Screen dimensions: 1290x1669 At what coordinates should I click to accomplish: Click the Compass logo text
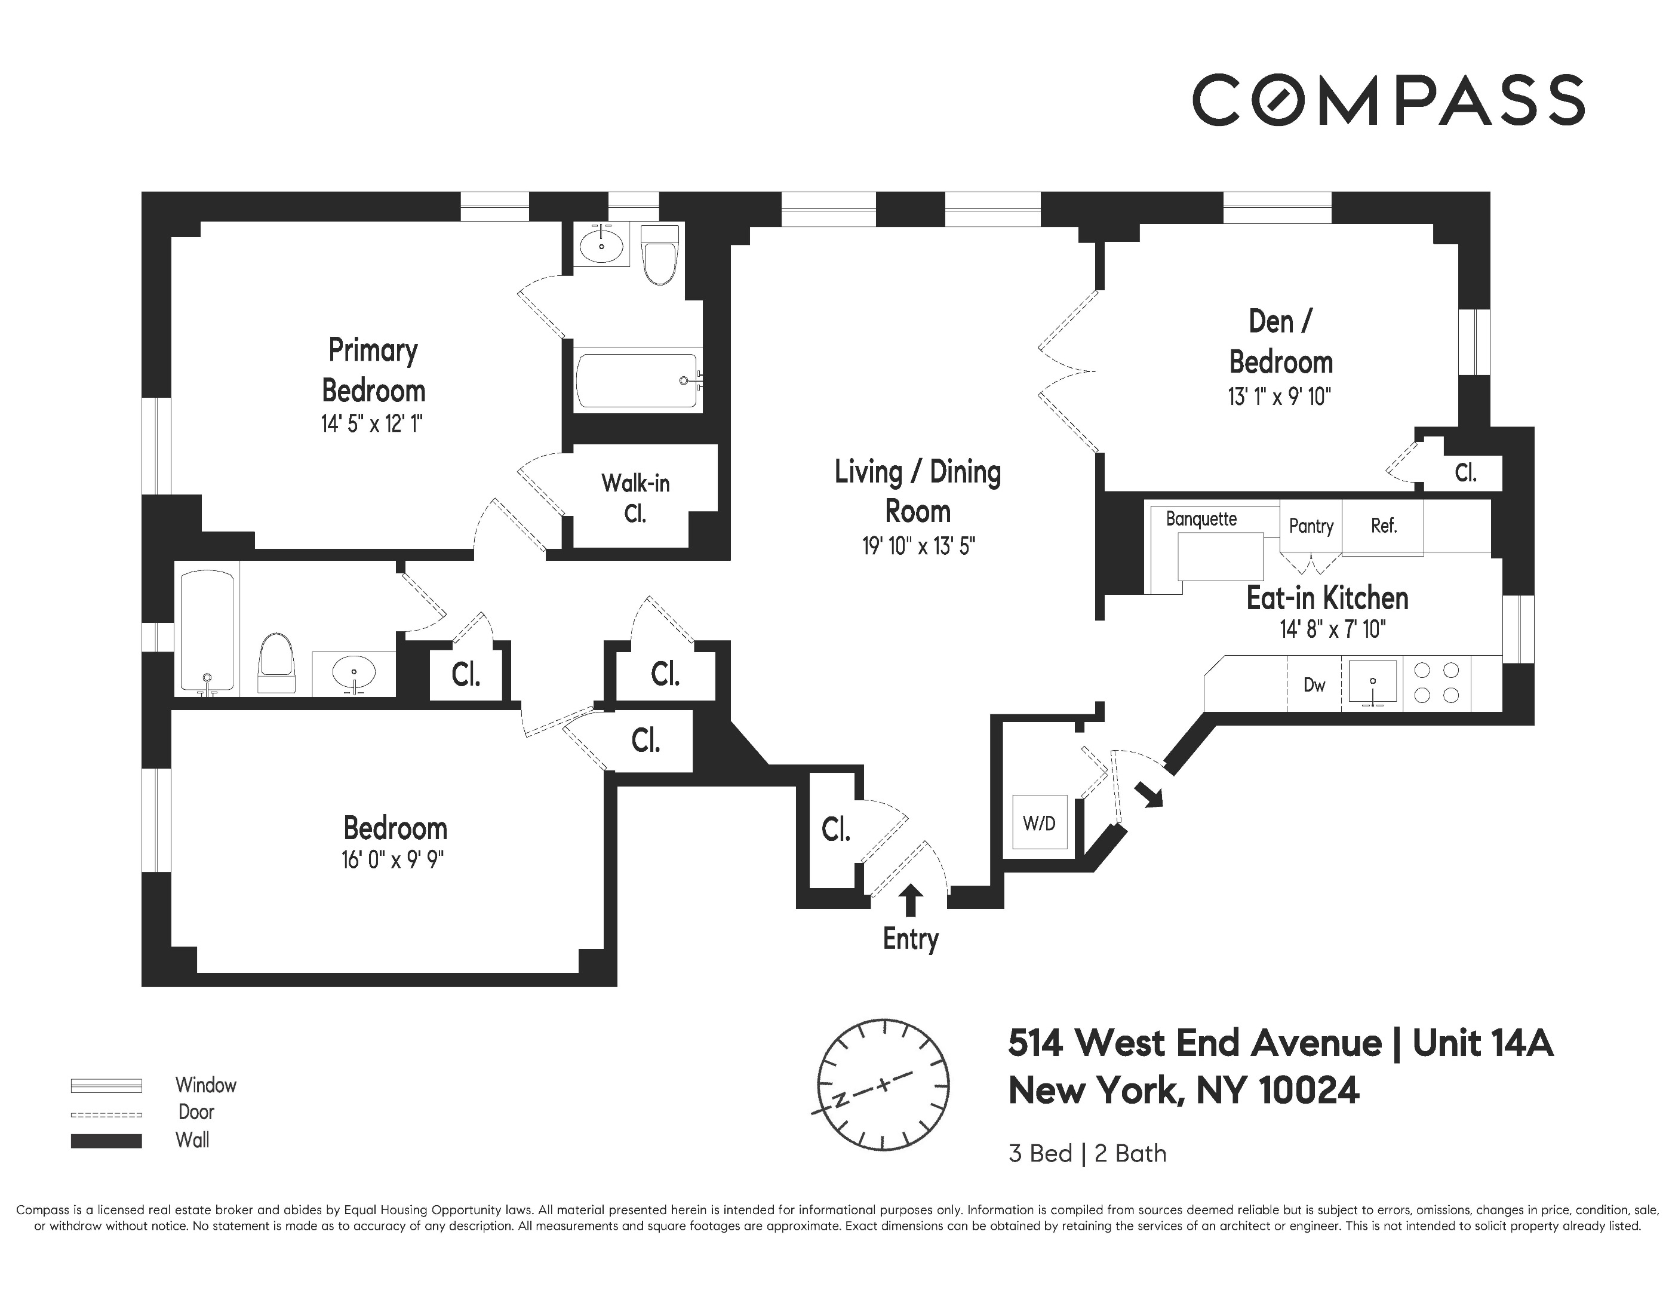(x=1388, y=100)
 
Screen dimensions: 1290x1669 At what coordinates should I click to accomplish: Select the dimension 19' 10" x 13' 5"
(x=918, y=546)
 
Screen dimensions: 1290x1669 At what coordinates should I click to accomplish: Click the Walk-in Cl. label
(x=635, y=498)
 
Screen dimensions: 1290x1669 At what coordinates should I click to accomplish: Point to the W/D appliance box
(x=1038, y=822)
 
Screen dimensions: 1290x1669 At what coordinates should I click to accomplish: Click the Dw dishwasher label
(x=1314, y=685)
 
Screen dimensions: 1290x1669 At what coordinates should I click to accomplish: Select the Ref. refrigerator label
(x=1383, y=526)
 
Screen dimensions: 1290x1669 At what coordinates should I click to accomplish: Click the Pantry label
(x=1311, y=526)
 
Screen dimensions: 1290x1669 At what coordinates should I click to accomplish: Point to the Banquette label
(x=1201, y=519)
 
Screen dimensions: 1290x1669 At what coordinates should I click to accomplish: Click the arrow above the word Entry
(x=909, y=899)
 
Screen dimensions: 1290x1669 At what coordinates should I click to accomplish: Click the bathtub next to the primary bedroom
(x=638, y=380)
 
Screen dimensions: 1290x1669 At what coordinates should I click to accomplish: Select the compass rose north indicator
(x=840, y=1101)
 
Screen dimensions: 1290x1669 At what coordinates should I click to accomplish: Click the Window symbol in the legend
(x=106, y=1085)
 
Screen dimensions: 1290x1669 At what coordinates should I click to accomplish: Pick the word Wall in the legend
(x=192, y=1140)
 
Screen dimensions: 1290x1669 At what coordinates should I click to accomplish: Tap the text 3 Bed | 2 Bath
(x=1087, y=1153)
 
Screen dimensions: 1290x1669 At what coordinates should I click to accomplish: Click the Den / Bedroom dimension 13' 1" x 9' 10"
(x=1279, y=397)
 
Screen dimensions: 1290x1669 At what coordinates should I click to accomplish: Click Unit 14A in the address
(x=1481, y=1043)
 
